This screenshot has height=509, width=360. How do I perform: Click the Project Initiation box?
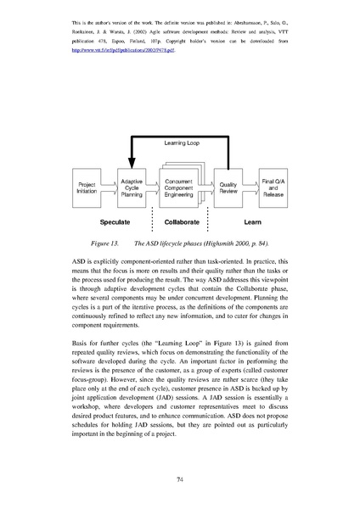coord(87,188)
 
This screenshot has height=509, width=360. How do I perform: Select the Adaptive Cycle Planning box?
coord(131,188)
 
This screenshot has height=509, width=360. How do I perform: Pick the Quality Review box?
coord(228,188)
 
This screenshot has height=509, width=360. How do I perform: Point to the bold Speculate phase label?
coord(115,221)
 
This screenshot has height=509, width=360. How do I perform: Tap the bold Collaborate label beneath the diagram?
coord(180,221)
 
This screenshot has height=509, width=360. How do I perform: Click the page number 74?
coord(180,479)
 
